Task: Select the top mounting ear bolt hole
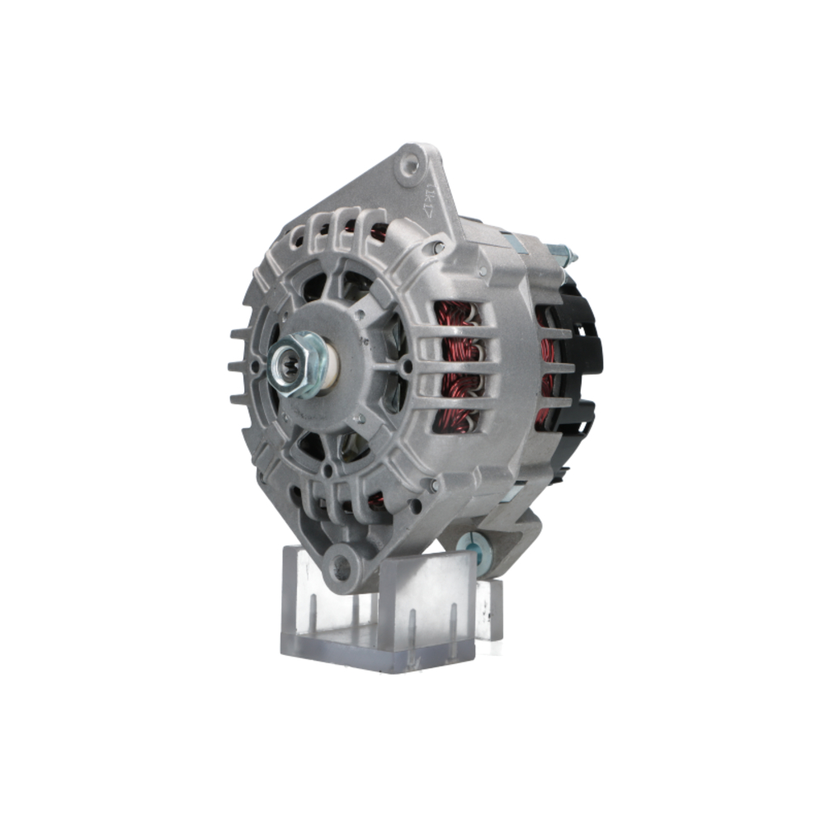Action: (x=408, y=168)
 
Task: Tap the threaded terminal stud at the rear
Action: (x=561, y=252)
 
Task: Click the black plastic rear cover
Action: (x=584, y=355)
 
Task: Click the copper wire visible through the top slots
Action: (x=375, y=233)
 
